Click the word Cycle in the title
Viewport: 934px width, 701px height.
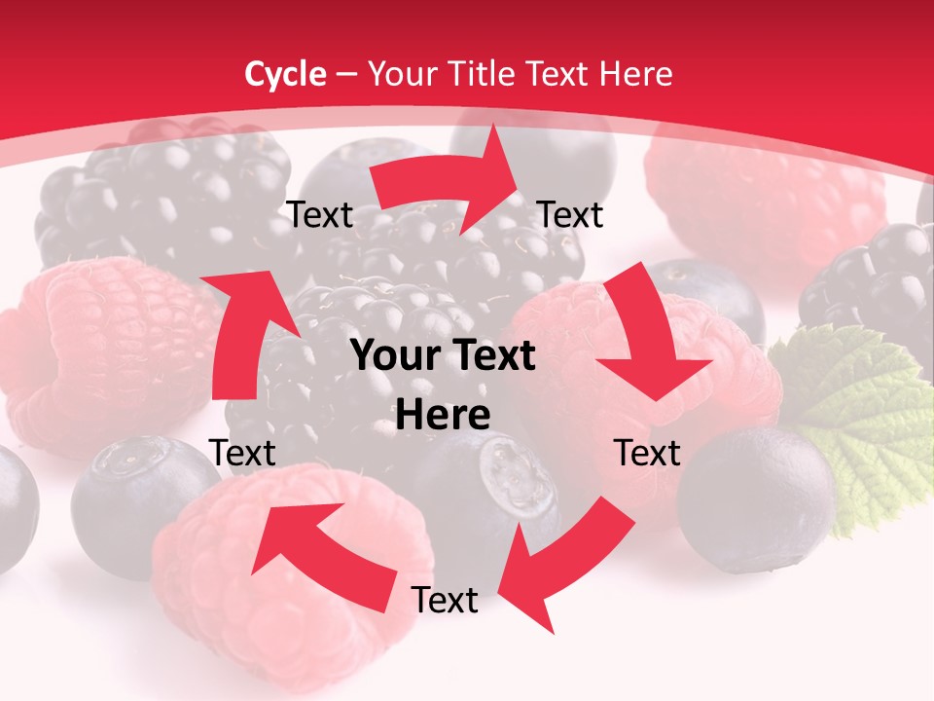click(285, 74)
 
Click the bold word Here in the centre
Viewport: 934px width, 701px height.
click(443, 416)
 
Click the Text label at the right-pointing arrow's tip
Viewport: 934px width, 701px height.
click(571, 214)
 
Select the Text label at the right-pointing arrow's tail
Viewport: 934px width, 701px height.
click(320, 214)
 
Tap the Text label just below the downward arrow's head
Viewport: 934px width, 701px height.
click(647, 453)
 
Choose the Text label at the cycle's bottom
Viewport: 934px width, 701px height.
click(445, 600)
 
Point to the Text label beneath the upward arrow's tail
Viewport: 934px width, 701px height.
click(242, 453)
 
